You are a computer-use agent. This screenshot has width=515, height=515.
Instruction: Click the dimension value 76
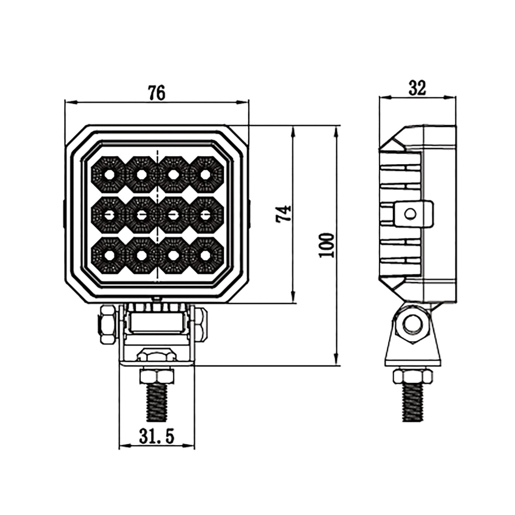pyautogui.click(x=157, y=93)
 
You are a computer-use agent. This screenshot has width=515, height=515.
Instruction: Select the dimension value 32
pyautogui.click(x=417, y=88)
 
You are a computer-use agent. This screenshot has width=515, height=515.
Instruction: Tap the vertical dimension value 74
pyautogui.click(x=284, y=214)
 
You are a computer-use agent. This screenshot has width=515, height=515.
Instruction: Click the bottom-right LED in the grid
pyautogui.click(x=205, y=255)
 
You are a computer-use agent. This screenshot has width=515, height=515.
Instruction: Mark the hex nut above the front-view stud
pyautogui.click(x=157, y=377)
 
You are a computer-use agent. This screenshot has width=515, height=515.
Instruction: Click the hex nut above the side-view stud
pyautogui.click(x=412, y=377)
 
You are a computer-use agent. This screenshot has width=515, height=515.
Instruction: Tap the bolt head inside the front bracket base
pyautogui.click(x=156, y=355)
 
